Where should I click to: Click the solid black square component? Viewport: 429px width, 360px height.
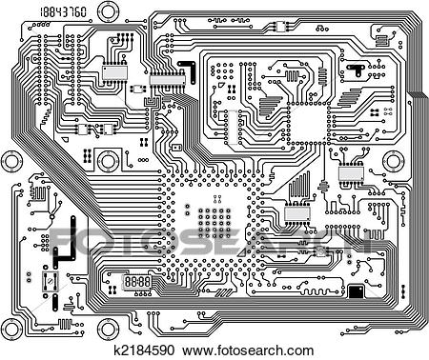tap(356, 290)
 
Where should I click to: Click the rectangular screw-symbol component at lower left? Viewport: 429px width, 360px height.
tap(49, 282)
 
